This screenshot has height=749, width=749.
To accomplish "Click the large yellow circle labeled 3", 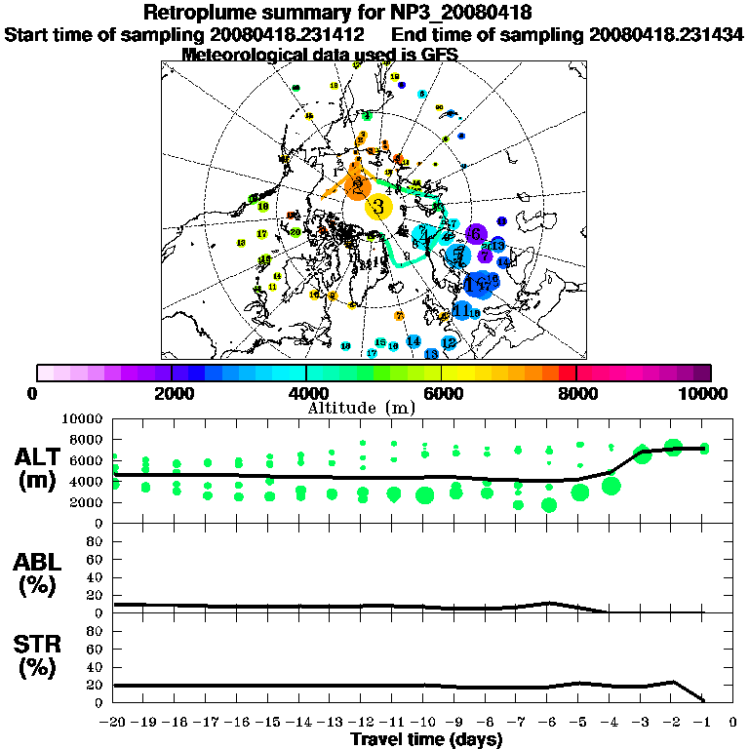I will tap(378, 206).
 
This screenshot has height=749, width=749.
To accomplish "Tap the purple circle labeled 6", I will tap(475, 234).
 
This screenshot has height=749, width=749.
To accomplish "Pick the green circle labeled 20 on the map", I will tap(296, 232).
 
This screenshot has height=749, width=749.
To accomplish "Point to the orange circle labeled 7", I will tap(399, 316).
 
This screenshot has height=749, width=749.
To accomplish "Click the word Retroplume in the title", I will tap(197, 13).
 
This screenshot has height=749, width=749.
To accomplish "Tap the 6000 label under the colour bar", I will tap(441, 393).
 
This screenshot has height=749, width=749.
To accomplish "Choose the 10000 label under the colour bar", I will tap(705, 393).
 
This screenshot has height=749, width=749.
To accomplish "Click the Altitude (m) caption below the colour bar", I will tap(362, 407).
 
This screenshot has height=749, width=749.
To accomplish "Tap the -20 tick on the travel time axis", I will tap(114, 724).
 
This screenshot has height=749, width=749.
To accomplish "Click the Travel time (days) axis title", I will tap(426, 740).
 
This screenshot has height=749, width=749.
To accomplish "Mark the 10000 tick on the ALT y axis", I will tap(84, 418).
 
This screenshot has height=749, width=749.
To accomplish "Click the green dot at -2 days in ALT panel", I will tap(673, 448).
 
